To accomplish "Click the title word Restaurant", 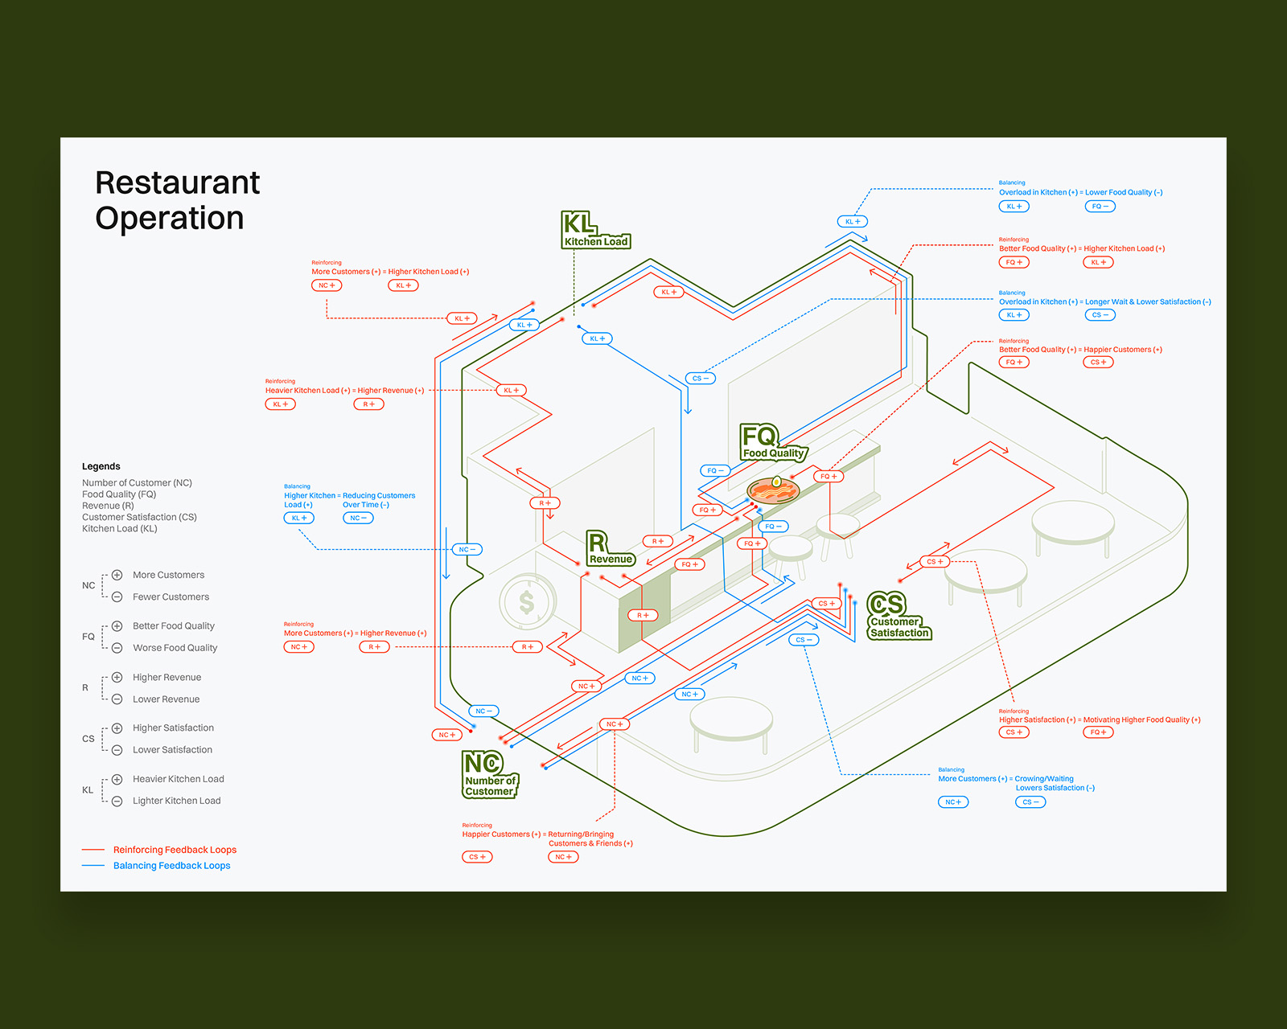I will [x=177, y=182].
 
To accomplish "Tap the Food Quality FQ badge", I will [x=772, y=443].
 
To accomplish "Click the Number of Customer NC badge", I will [x=489, y=774].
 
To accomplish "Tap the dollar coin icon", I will [x=527, y=601].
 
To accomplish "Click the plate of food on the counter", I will [x=773, y=489].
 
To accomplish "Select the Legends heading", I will [x=101, y=466].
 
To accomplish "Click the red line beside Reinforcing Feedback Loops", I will [x=93, y=850].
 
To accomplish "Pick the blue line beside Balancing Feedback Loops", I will [x=93, y=866].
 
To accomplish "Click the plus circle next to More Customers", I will [x=117, y=575].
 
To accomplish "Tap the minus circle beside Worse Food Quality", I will [x=117, y=648].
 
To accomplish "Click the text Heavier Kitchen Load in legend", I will [x=179, y=779].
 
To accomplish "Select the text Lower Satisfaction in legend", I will [x=172, y=750].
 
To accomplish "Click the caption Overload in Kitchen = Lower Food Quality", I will [x=1080, y=192].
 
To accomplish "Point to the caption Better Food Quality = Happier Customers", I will [x=1080, y=350].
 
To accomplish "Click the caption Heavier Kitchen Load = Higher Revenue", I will [x=344, y=391].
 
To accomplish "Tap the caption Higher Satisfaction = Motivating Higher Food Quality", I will [x=1100, y=720].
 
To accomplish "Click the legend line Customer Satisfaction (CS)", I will [x=139, y=517].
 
